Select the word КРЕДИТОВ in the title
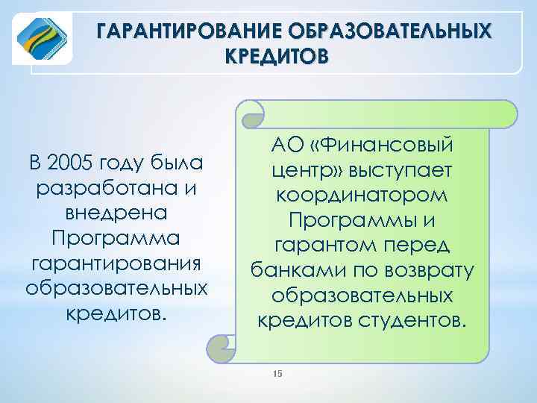coord(274,57)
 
